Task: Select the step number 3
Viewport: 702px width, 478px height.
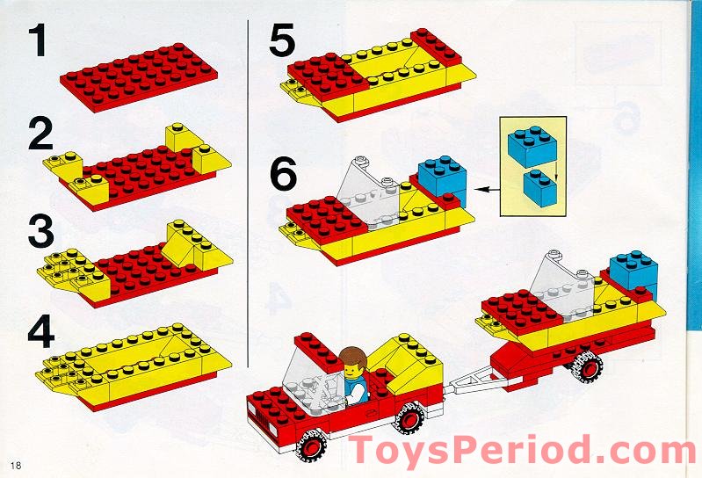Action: tap(41, 231)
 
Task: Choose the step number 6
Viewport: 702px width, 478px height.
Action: tap(283, 173)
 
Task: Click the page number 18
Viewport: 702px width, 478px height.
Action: tap(16, 466)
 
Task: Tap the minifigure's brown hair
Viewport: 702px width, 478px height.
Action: tap(353, 357)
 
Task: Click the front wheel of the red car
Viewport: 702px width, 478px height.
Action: tap(312, 445)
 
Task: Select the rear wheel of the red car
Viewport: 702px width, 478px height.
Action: tap(409, 418)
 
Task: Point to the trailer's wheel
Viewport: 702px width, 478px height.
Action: tap(588, 367)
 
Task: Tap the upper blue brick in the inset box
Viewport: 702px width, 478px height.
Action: tap(532, 146)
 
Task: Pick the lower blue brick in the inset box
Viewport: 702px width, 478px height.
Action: tap(540, 187)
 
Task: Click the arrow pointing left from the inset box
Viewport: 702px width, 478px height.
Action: tap(487, 189)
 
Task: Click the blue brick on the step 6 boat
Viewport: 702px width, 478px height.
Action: tap(442, 180)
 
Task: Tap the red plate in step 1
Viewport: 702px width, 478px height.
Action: tap(139, 77)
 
